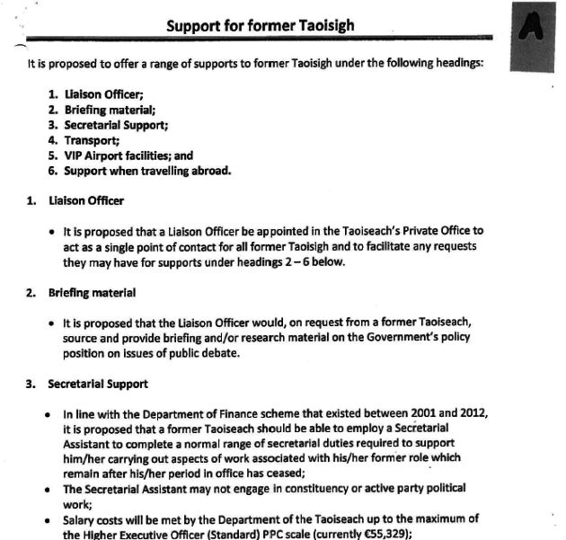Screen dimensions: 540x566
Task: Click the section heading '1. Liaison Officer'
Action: [x=85, y=199]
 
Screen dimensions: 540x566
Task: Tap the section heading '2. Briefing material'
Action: [x=90, y=292]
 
